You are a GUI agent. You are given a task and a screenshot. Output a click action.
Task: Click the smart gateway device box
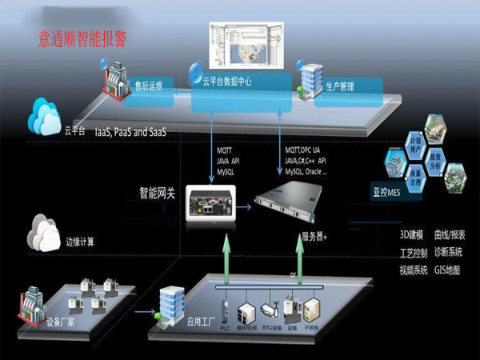click(x=208, y=202)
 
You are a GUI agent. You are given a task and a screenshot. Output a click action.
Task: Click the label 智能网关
click(x=160, y=192)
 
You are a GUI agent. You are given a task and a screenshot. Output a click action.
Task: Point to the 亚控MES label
click(x=389, y=192)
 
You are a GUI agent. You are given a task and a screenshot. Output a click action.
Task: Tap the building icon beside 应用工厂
click(x=172, y=304)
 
